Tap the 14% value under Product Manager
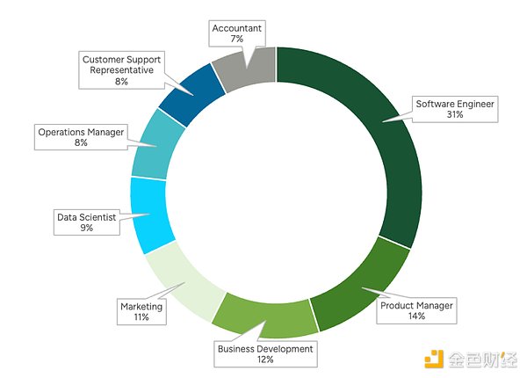tap(415, 316)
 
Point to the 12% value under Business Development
tap(264, 360)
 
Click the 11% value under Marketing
tap(141, 317)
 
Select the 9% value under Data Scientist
tap(86, 228)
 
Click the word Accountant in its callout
tap(237, 28)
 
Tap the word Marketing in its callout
tap(141, 306)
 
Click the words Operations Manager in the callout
tap(81, 132)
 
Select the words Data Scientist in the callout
tap(86, 215)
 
